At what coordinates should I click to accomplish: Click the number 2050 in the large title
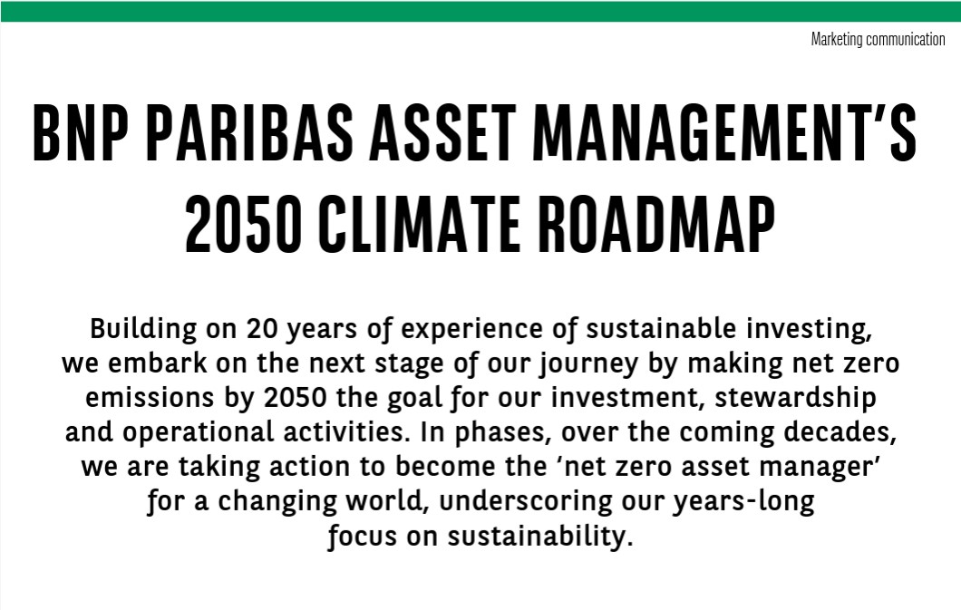pyautogui.click(x=243, y=224)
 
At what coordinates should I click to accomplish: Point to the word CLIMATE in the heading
pyautogui.click(x=419, y=224)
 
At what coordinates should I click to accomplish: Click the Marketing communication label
pyautogui.click(x=878, y=39)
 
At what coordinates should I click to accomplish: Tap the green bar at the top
pyautogui.click(x=480, y=12)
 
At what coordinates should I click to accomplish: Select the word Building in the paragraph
pyautogui.click(x=143, y=330)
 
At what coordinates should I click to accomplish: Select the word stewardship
pyautogui.click(x=795, y=399)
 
